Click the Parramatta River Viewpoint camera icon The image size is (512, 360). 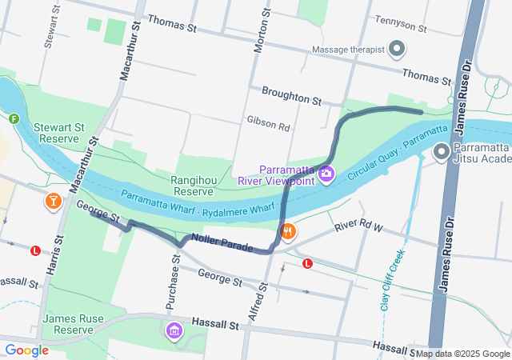point(326,174)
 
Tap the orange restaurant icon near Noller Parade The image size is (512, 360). point(288,232)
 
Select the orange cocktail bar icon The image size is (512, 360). point(54,201)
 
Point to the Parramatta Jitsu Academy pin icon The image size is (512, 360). point(441,151)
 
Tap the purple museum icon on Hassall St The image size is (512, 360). point(174,330)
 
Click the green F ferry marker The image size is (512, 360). point(14,119)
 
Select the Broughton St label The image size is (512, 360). point(290,97)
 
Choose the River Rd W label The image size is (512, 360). point(360,226)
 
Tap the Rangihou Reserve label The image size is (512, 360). point(192,186)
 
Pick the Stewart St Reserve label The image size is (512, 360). point(58,133)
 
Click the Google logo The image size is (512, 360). point(26,350)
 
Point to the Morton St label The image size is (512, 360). point(258,32)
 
